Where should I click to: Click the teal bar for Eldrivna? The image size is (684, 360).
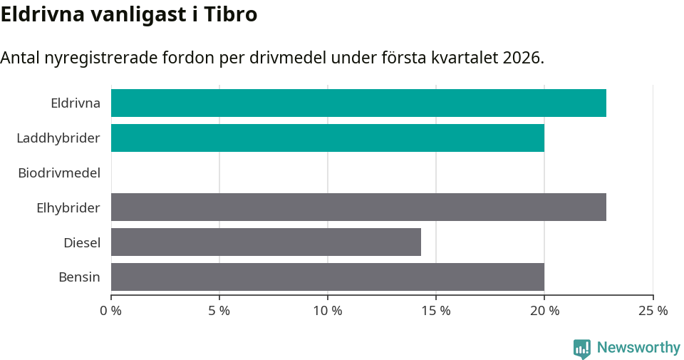(358, 103)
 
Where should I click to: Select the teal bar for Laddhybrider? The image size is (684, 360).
(328, 138)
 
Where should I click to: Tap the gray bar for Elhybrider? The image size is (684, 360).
(358, 207)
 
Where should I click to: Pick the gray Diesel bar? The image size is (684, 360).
(266, 242)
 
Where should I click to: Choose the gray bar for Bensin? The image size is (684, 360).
(328, 277)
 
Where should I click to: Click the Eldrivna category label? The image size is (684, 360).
(75, 103)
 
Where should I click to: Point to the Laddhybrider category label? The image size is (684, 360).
(58, 138)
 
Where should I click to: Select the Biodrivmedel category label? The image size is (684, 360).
(58, 173)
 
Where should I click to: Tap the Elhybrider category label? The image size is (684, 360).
(68, 207)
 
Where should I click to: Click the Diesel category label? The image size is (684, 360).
(81, 242)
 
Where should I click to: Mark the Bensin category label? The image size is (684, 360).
(79, 277)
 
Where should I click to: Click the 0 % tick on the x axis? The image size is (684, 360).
(111, 311)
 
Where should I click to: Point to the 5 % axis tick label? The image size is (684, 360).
(219, 311)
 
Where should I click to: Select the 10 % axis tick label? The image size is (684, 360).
(328, 311)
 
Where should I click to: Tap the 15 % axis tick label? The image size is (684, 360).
(436, 311)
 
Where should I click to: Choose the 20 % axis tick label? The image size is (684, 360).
(544, 311)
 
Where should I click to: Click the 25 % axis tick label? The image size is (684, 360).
(653, 311)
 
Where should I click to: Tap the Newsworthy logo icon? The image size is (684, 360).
(582, 348)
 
